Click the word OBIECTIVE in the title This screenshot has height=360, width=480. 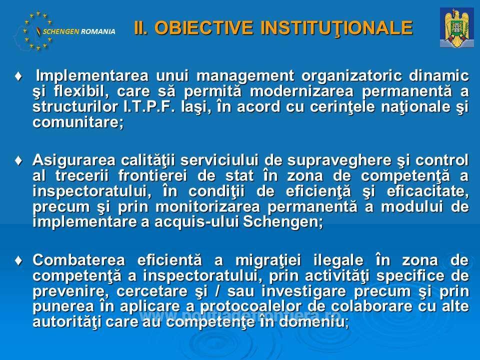pyautogui.click(x=203, y=27)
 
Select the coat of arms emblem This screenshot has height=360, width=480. pyautogui.click(x=456, y=27)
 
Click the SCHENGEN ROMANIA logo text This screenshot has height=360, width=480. pyautogui.click(x=79, y=31)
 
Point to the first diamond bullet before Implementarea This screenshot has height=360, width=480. pyautogui.click(x=18, y=76)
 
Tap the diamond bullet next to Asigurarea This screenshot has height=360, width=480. pyautogui.click(x=18, y=160)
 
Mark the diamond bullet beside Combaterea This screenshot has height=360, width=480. pyautogui.click(x=18, y=260)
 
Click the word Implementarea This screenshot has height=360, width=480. pyautogui.click(x=92, y=76)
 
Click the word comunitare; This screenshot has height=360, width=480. pyautogui.click(x=78, y=122)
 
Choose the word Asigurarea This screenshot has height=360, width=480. pyautogui.click(x=74, y=160)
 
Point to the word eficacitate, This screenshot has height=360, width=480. pyautogui.click(x=427, y=191)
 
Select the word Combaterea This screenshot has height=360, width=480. pyautogui.click(x=78, y=260)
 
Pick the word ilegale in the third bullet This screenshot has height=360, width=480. pyautogui.click(x=338, y=260)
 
